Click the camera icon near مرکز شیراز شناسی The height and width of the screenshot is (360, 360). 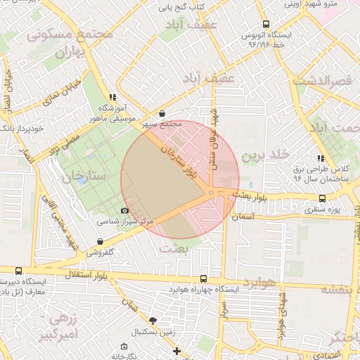125,210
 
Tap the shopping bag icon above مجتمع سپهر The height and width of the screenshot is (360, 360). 162,112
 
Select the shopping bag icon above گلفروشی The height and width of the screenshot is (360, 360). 100,241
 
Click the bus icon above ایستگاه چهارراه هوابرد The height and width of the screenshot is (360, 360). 204,278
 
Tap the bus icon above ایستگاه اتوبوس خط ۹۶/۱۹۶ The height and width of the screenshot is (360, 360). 265,24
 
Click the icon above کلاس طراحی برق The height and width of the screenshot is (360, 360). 321,159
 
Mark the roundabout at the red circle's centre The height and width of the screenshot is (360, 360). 211,193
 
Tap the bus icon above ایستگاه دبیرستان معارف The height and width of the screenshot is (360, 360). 18,271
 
